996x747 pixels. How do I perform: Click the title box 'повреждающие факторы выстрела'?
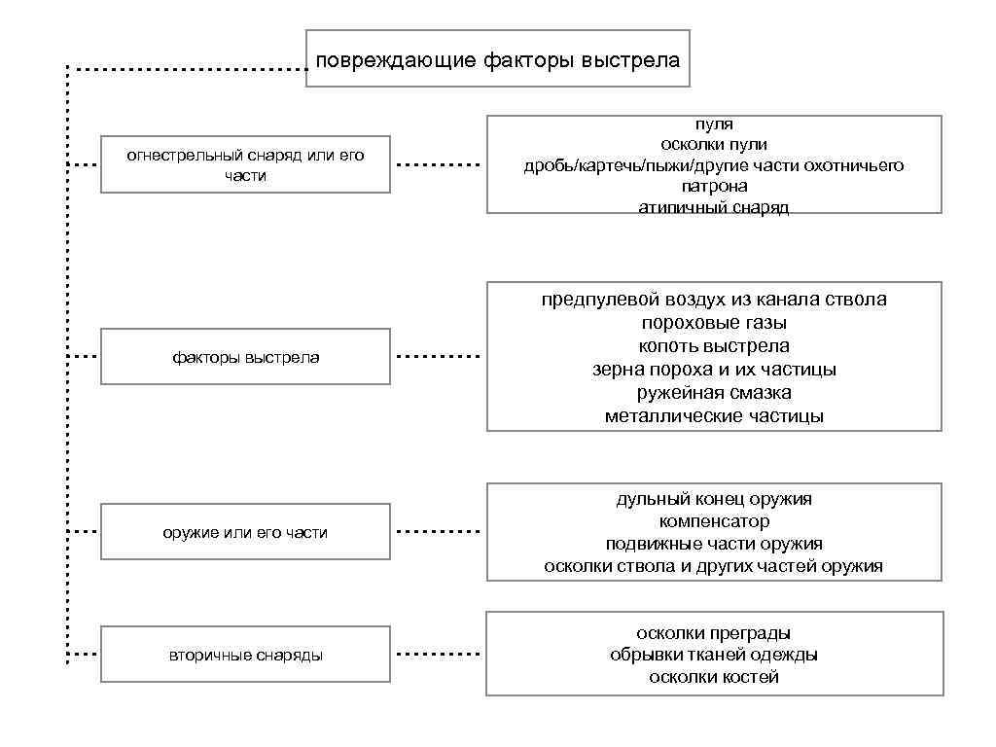[498, 59]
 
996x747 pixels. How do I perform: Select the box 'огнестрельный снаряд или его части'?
[245, 164]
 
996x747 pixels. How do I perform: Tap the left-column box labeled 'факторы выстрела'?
[245, 357]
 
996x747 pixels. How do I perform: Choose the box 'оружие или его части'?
[245, 532]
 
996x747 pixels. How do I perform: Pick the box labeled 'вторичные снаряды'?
[245, 655]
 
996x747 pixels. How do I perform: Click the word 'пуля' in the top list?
[714, 124]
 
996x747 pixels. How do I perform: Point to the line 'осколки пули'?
[714, 145]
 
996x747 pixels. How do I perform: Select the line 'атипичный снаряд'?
[714, 207]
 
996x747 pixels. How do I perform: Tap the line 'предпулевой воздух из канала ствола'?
[714, 300]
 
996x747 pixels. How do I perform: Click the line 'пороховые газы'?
[714, 323]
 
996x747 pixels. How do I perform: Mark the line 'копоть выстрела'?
[714, 346]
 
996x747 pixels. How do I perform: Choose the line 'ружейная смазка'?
[714, 393]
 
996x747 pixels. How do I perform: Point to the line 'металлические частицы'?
[714, 416]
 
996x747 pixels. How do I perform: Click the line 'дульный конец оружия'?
[714, 499]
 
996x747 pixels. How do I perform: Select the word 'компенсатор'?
[714, 521]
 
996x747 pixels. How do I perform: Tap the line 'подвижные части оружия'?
[714, 544]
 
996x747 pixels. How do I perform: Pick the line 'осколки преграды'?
[714, 633]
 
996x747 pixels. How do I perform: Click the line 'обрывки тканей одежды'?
[714, 655]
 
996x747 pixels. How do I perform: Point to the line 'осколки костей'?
[714, 677]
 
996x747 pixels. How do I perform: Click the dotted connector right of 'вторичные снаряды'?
[439, 654]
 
